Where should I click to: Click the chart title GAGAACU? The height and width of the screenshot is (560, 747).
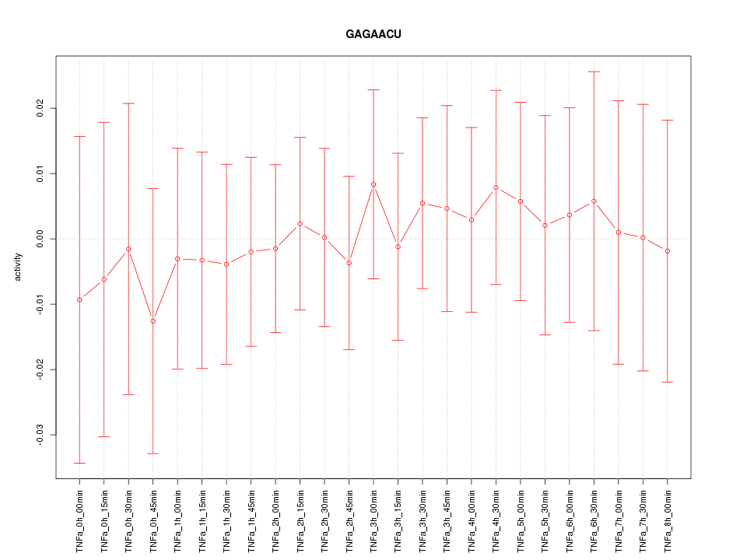pos(373,34)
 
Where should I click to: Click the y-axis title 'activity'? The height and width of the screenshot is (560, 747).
pos(19,267)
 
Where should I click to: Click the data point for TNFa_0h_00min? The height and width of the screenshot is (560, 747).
pos(79,299)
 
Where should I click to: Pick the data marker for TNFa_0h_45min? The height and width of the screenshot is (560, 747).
pos(153,321)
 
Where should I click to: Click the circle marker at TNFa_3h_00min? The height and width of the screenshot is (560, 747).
pos(373,184)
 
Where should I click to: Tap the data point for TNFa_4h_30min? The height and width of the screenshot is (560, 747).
pos(496,187)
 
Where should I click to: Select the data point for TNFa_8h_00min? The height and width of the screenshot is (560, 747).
pos(668,251)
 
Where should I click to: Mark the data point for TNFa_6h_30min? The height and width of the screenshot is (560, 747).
pos(594,201)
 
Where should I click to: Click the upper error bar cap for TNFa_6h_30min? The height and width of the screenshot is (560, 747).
pos(594,72)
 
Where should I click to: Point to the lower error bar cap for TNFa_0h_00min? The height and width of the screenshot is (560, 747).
pos(79,463)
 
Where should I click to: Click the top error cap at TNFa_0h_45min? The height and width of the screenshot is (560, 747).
pos(153,188)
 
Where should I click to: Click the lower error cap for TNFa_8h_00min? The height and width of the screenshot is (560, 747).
pos(668,382)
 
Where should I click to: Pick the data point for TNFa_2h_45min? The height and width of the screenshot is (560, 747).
pos(349,263)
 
